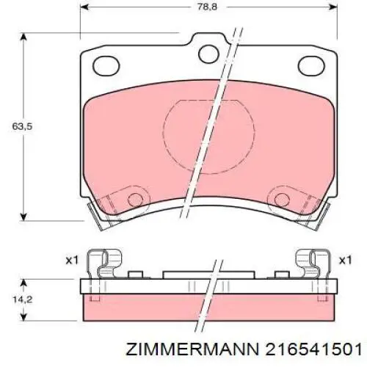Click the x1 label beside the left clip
click(x=71, y=260)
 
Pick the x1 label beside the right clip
click(x=346, y=260)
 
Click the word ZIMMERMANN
click(x=209, y=348)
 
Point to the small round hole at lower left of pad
click(x=134, y=199)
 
